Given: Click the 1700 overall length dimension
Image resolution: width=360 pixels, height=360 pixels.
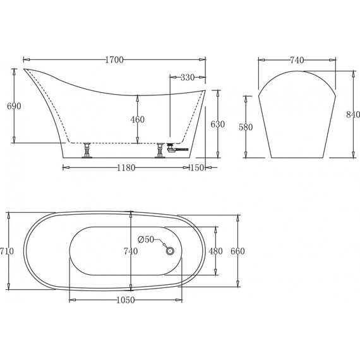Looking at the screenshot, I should click(114, 60).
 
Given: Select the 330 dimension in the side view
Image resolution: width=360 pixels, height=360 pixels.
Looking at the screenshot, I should click(186, 78).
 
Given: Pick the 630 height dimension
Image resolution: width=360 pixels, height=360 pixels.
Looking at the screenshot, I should click(217, 124).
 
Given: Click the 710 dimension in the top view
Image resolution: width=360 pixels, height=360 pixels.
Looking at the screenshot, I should click(7, 251).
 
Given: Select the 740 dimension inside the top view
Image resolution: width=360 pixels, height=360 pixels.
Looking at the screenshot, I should click(131, 251).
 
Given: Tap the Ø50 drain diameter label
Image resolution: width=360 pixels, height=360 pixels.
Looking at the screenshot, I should click(147, 239).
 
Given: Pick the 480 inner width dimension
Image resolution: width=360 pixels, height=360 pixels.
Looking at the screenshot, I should click(216, 251).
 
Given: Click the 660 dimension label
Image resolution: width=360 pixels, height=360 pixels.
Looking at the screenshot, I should click(237, 251).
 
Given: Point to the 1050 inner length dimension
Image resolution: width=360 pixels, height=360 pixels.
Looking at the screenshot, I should click(126, 300).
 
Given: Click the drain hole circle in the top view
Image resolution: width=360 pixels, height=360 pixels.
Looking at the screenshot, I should click(169, 251).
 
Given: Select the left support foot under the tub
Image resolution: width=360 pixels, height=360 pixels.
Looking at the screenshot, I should click(87, 150).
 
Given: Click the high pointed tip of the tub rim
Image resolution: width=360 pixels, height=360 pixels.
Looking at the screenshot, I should click(26, 69).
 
